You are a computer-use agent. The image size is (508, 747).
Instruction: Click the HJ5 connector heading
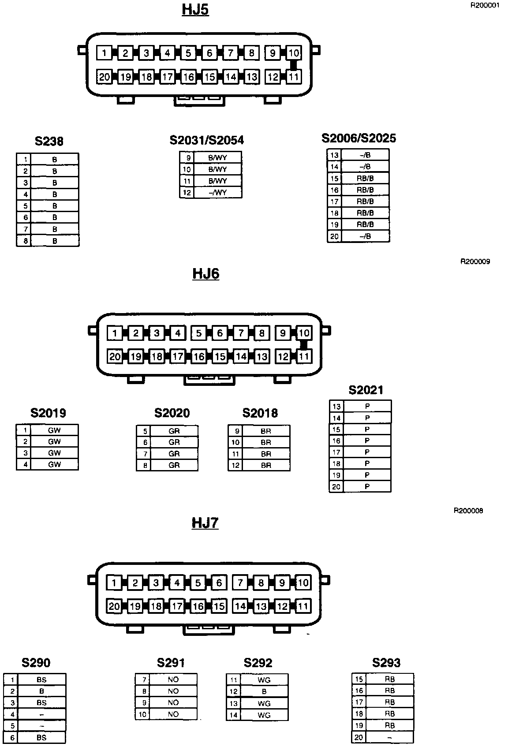click(x=195, y=10)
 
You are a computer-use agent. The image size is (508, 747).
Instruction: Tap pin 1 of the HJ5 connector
click(x=104, y=53)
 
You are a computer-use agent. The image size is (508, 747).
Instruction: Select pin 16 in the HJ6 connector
click(x=199, y=356)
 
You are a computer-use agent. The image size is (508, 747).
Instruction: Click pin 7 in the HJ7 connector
click(x=240, y=583)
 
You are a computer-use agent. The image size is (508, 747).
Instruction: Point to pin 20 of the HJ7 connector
click(x=114, y=606)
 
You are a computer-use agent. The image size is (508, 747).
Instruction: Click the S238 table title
click(x=49, y=141)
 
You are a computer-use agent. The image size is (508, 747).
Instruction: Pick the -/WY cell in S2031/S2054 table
click(x=217, y=193)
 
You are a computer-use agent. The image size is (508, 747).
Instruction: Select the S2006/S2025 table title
click(x=359, y=138)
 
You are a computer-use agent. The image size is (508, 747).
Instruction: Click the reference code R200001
click(x=485, y=6)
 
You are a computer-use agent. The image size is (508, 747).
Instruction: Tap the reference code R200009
click(x=475, y=261)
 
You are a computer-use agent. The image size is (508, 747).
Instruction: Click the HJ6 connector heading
click(x=205, y=274)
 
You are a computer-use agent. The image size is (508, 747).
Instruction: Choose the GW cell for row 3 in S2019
click(x=54, y=453)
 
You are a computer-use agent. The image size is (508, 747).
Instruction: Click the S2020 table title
click(x=172, y=413)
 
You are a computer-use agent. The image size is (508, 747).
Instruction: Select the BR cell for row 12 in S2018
click(x=265, y=465)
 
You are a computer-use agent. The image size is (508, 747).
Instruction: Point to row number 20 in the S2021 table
click(x=336, y=487)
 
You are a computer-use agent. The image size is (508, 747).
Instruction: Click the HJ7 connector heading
click(x=205, y=523)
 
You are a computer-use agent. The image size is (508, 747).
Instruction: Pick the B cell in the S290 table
click(x=41, y=691)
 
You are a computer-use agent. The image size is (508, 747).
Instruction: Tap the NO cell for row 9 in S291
click(x=173, y=702)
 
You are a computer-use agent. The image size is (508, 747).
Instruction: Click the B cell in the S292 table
click(x=264, y=691)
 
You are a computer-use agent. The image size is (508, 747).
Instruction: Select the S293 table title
click(x=386, y=663)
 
